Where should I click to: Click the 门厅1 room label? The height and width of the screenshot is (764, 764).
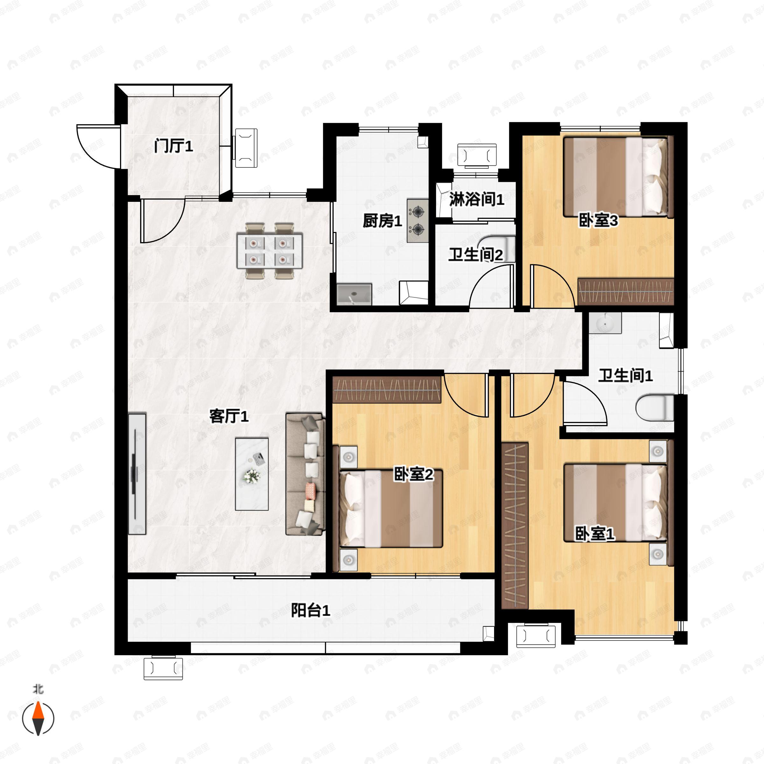(x=173, y=146)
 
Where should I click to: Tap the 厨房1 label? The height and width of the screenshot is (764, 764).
(x=382, y=221)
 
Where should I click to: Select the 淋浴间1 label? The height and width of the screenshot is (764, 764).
(x=477, y=199)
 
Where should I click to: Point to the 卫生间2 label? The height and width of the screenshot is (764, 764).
(x=476, y=255)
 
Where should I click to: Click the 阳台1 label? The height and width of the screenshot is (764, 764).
(x=310, y=610)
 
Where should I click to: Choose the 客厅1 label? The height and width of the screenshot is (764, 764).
(x=229, y=416)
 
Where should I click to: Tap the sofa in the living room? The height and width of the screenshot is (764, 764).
(x=305, y=474)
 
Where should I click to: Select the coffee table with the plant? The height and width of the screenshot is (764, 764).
(x=252, y=474)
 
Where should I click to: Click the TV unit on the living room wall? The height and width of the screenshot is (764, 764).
(x=137, y=474)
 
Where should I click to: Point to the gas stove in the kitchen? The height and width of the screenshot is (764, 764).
(x=418, y=221)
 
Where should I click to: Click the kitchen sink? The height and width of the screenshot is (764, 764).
(x=354, y=294)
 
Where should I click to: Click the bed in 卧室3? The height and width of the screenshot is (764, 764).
(x=618, y=177)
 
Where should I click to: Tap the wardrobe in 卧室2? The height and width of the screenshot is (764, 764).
(x=387, y=390)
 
